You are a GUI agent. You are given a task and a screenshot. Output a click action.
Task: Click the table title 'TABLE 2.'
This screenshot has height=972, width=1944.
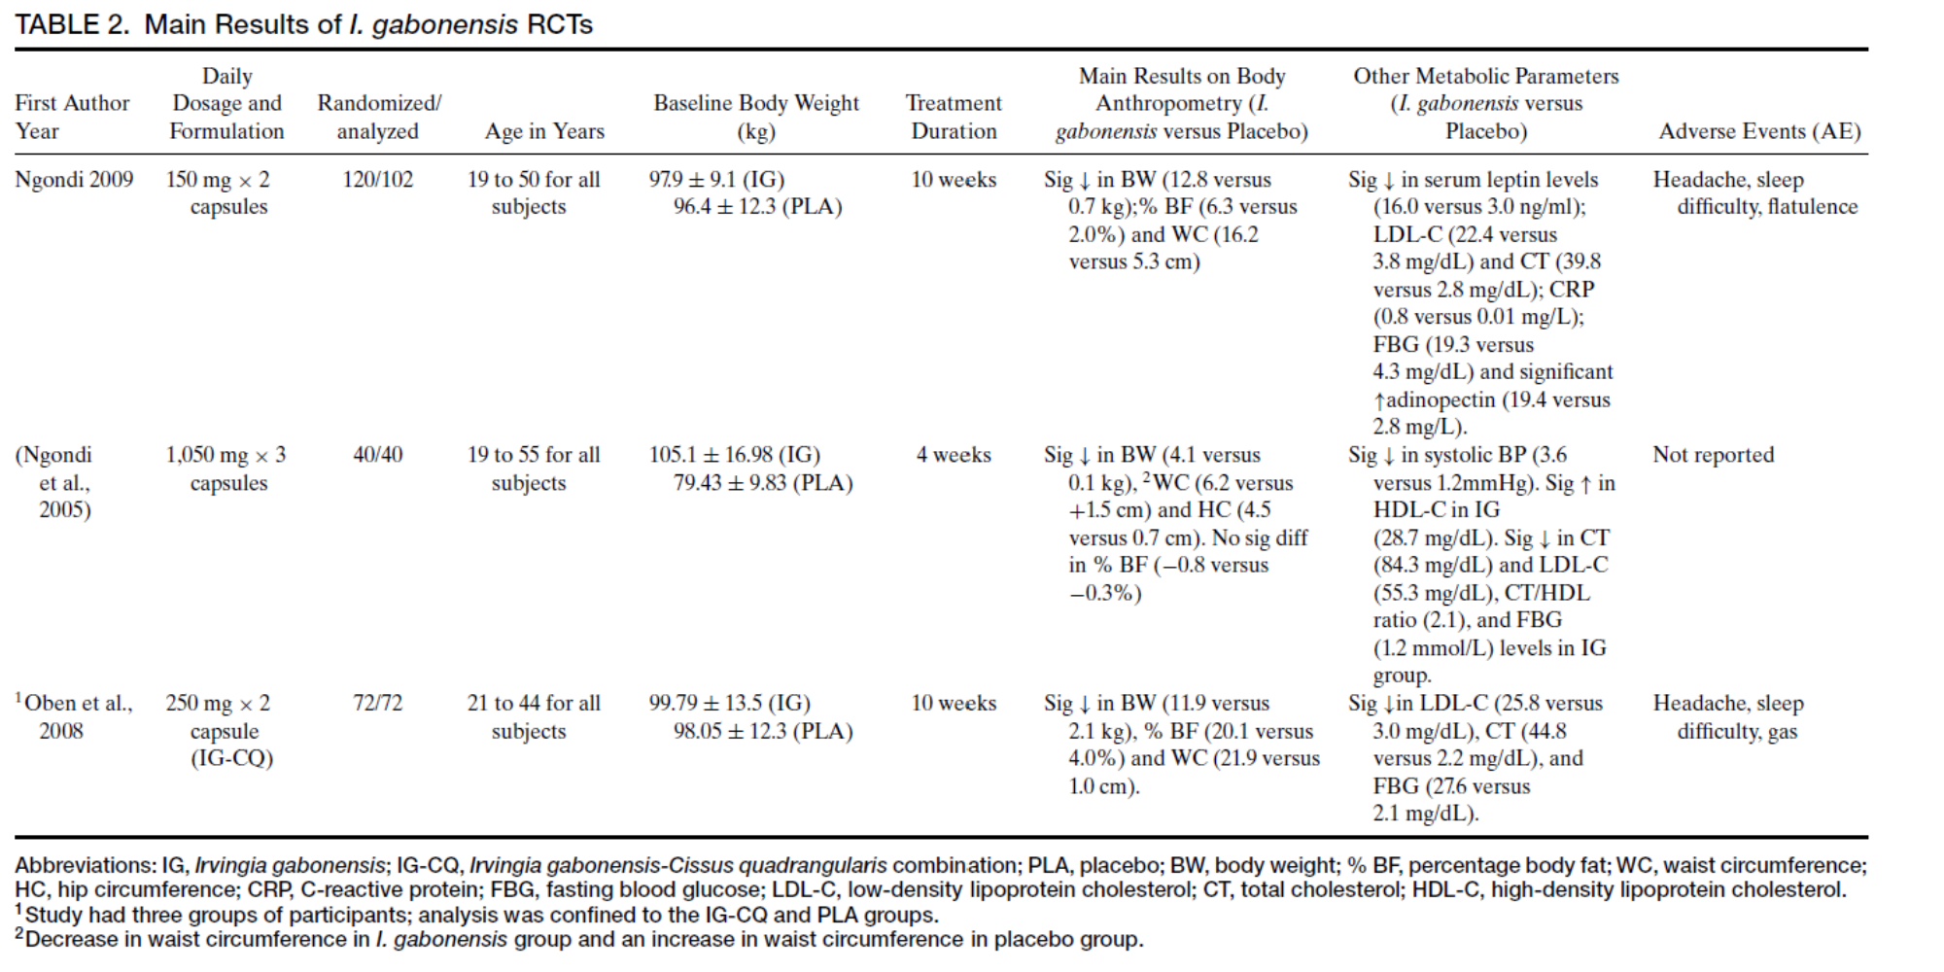click(x=71, y=24)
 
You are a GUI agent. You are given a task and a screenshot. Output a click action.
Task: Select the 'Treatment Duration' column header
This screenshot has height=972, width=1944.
click(x=953, y=117)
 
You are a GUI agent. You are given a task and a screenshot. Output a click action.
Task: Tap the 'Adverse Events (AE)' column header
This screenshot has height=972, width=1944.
click(x=1758, y=131)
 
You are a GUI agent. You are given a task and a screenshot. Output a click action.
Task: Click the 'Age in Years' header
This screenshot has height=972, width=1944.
click(x=544, y=131)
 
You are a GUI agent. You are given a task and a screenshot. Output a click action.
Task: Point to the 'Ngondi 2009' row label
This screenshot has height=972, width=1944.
click(x=74, y=180)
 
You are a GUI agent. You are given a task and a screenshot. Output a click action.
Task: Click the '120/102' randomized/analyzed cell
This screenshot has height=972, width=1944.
click(x=377, y=180)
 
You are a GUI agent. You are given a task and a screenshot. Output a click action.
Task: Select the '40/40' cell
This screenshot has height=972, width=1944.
click(x=377, y=455)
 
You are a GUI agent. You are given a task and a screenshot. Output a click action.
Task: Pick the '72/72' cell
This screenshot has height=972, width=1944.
click(x=377, y=703)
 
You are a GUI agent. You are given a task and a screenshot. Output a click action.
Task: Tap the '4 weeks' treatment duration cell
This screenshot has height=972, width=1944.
click(x=953, y=455)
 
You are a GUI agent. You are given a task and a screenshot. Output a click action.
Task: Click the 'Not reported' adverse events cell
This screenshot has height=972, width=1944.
click(x=1713, y=455)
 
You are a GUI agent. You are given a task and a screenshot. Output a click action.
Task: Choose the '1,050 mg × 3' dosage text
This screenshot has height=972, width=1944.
click(x=226, y=455)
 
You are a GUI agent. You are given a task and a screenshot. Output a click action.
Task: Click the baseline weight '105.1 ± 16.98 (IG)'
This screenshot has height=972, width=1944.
click(x=734, y=455)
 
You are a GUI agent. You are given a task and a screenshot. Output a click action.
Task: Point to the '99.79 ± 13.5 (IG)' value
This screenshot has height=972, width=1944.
click(x=729, y=703)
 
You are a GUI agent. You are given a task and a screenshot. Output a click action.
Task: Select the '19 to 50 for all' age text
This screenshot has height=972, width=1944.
click(x=534, y=180)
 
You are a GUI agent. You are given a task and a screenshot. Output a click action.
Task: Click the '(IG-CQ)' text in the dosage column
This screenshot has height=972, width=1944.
click(x=231, y=758)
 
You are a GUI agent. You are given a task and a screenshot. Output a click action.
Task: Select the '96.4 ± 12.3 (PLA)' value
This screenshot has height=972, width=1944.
click(x=757, y=207)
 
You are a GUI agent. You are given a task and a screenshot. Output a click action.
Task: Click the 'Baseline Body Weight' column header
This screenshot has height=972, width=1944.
click(x=756, y=103)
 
